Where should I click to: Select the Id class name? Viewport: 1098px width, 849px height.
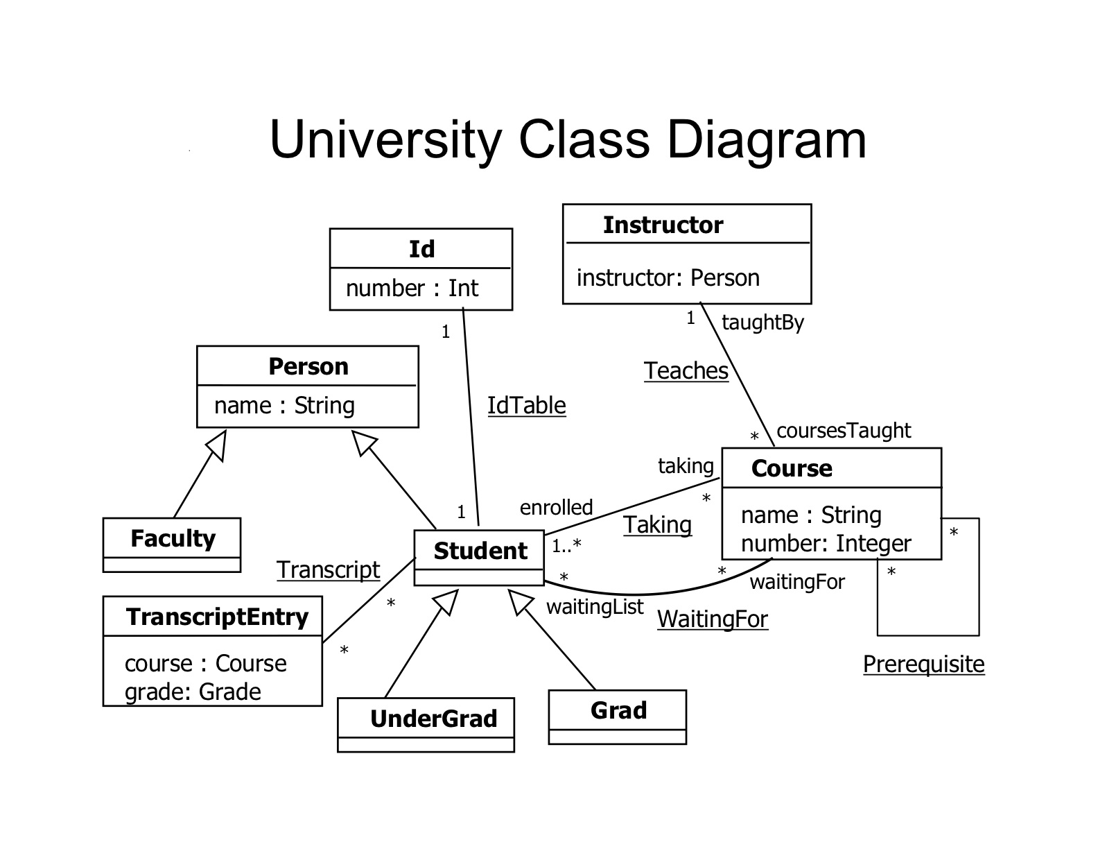point(421,249)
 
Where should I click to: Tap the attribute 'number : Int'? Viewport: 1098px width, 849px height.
point(412,288)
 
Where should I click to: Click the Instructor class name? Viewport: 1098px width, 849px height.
point(663,225)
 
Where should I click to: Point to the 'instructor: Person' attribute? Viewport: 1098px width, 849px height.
point(668,278)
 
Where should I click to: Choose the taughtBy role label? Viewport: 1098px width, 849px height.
point(762,323)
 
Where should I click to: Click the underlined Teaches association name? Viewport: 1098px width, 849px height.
point(686,371)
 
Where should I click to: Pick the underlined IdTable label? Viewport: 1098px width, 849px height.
point(526,406)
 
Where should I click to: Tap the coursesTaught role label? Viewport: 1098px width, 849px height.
point(844,431)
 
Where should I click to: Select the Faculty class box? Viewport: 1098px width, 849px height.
point(172,544)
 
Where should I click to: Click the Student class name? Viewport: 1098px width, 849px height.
point(480,551)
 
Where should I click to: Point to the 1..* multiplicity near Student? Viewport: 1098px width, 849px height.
point(566,546)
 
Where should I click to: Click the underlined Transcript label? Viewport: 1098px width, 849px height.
point(328,569)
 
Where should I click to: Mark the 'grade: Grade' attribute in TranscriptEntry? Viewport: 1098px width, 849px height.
point(193,692)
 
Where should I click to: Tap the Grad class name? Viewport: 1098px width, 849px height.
point(618,710)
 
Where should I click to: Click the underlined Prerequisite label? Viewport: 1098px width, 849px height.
point(923,664)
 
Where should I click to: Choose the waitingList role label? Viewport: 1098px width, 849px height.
point(595,607)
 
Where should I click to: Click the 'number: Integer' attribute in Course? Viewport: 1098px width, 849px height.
point(826,543)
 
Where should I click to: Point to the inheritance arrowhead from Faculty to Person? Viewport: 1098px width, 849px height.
point(218,445)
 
